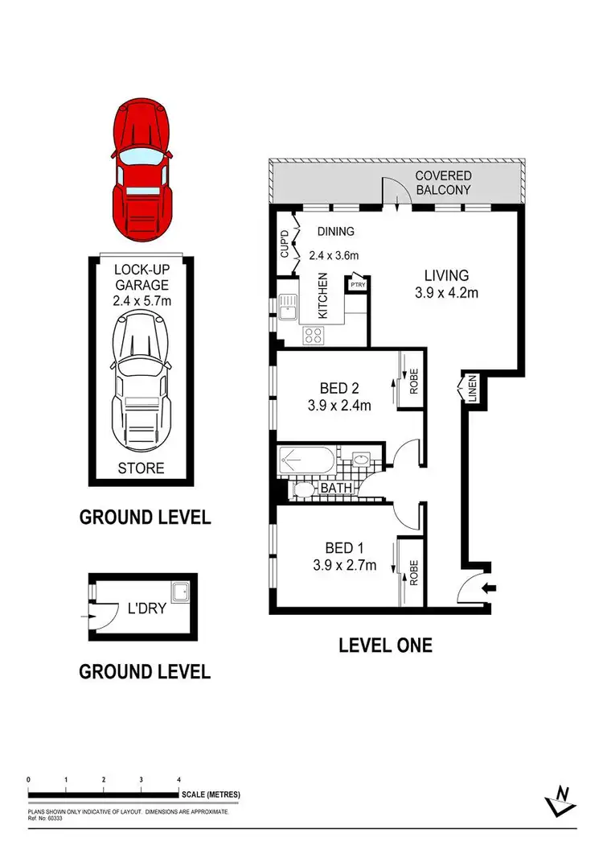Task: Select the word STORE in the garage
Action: coord(142,468)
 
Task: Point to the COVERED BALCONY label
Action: coord(443,183)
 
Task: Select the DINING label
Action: coord(335,232)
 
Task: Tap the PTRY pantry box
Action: coord(356,284)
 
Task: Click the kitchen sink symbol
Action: coord(289,305)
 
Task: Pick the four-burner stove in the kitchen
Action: coord(312,336)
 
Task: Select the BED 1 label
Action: coord(344,556)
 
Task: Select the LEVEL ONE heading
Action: coord(385,645)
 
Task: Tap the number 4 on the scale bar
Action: coord(178,780)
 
